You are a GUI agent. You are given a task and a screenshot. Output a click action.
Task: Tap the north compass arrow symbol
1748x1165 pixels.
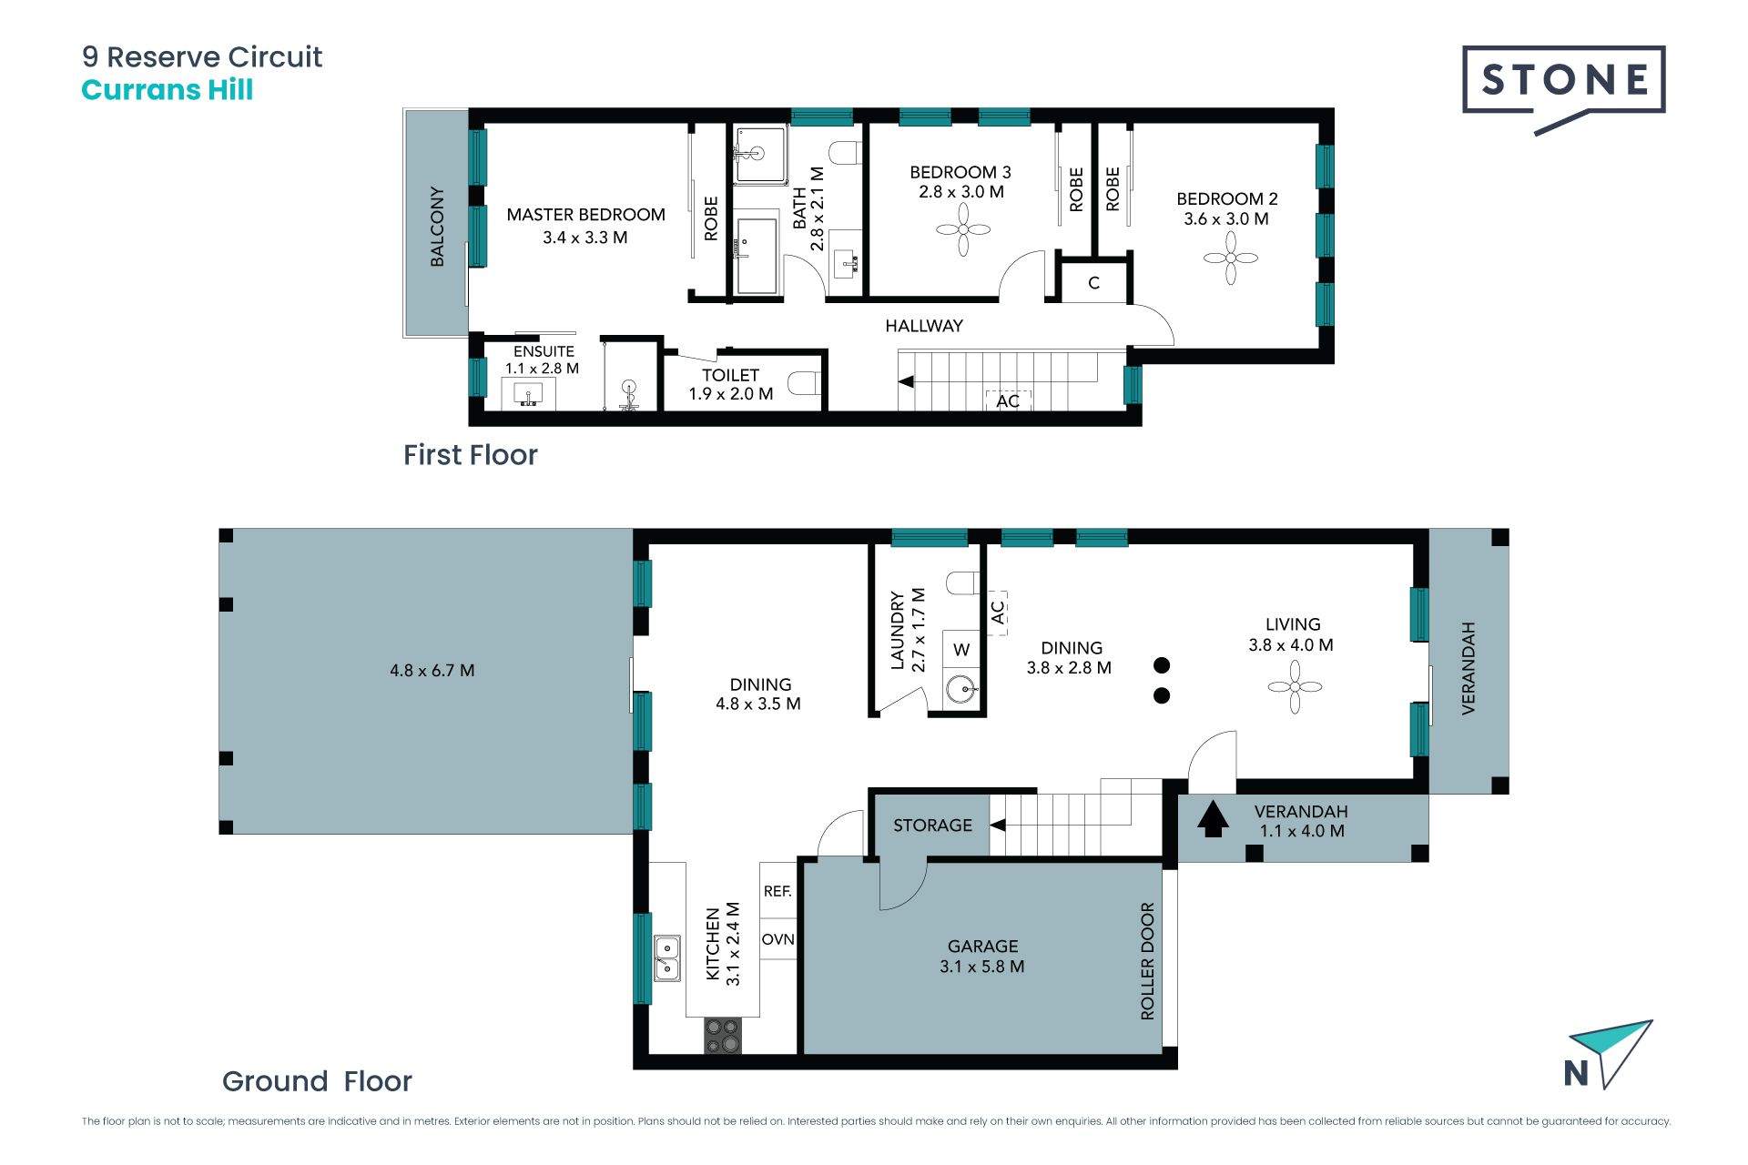1609,1054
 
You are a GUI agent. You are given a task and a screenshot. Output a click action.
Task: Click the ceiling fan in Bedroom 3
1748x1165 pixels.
962,229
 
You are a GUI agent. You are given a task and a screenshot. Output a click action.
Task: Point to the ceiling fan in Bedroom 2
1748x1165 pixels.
1230,258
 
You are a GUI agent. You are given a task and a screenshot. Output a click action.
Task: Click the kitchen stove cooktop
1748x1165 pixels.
723,1035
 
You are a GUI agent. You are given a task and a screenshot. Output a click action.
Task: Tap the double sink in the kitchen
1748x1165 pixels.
666,958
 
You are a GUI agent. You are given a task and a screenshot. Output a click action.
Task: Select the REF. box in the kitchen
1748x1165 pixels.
777,892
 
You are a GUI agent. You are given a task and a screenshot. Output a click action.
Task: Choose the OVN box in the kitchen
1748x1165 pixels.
777,939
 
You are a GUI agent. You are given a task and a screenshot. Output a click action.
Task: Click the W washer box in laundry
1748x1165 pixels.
960,649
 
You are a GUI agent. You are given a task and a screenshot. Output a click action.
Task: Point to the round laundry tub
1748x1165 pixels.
960,689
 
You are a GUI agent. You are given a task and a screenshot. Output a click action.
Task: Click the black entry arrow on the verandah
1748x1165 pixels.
1212,818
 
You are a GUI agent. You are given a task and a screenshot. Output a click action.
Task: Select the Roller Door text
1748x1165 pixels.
1147,961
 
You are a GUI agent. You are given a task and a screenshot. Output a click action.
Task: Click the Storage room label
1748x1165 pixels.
932,826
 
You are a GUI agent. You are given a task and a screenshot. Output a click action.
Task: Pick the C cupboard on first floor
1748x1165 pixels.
1094,283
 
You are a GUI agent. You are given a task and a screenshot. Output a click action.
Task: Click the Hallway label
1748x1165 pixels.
924,326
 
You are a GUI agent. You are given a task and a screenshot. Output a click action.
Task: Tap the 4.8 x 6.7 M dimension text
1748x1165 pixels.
432,671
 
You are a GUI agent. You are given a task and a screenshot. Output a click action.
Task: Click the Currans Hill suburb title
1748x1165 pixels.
168,90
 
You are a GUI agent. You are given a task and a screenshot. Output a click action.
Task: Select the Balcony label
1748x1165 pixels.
437,227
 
